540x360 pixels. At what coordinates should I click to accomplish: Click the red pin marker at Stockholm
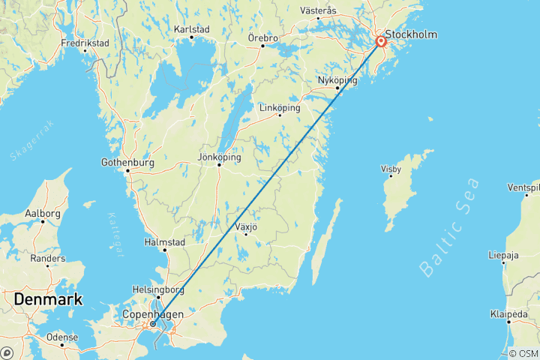coord(381,42)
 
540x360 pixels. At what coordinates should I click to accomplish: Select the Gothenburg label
coord(127,162)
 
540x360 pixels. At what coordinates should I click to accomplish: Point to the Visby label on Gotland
coord(391,169)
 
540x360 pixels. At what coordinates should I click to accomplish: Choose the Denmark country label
coord(46,299)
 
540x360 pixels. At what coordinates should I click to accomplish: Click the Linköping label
coord(280,107)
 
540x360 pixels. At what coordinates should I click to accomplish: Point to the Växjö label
coord(245,226)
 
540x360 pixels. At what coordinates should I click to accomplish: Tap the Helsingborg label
coord(160,289)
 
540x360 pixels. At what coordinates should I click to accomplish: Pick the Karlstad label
coord(191,29)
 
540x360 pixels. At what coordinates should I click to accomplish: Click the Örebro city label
coord(262,37)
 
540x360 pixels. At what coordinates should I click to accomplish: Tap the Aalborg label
coord(43,213)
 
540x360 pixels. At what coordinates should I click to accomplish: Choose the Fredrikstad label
coord(85,43)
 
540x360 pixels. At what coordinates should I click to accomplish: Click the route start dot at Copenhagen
coord(153,324)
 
